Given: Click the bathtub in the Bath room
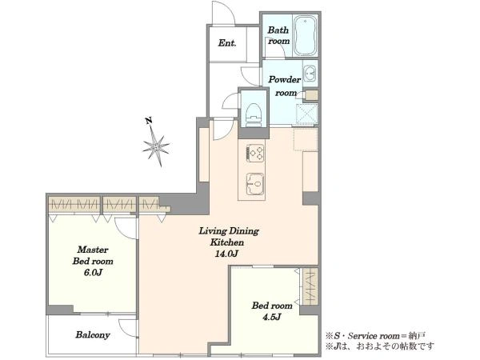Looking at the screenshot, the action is [306, 35].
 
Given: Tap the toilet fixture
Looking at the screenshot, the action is [254, 114].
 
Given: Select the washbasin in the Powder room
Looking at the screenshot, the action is [310, 74].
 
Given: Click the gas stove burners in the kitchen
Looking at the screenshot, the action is [255, 153].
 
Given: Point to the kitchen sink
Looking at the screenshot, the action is [255, 184].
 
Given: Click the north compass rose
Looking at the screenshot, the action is [156, 146].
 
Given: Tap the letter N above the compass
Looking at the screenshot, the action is [149, 121].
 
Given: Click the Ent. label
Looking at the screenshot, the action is [227, 43].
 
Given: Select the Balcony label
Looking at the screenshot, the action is [93, 335].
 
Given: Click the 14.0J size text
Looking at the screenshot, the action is [226, 254].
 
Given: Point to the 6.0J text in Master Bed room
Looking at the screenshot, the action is [93, 273].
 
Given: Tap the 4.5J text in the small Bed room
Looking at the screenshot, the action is [271, 317].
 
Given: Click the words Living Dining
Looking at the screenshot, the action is [229, 231].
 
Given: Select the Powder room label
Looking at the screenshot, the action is [285, 86].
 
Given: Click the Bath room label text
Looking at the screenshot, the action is [278, 35].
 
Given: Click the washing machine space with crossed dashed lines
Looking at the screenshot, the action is [307, 114].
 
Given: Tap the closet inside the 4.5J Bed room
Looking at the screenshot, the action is [310, 286].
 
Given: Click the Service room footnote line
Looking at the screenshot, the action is [376, 336].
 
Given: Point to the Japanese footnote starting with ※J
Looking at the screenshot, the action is [379, 346].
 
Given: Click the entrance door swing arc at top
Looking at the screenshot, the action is [224, 12].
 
